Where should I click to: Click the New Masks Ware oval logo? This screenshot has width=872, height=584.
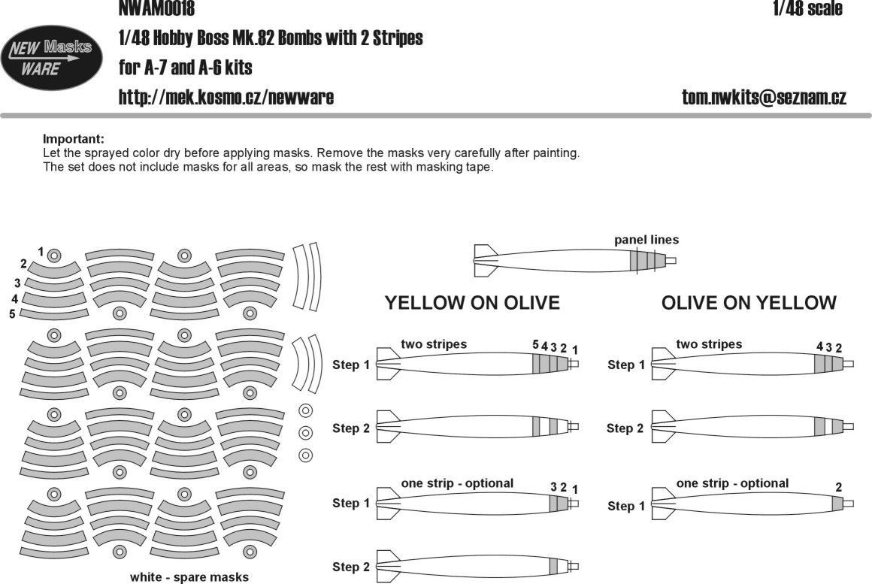point(52,59)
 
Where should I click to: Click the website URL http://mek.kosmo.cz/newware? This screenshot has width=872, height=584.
point(226,98)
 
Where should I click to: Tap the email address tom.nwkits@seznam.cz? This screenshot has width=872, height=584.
point(764,98)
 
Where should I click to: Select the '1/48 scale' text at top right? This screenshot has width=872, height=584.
point(807,9)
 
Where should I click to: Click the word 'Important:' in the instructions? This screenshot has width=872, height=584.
point(74,139)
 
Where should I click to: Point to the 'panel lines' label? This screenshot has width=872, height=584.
point(646,240)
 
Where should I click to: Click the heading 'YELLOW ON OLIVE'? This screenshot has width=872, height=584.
point(472,303)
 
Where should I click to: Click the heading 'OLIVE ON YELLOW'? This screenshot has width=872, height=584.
point(749,303)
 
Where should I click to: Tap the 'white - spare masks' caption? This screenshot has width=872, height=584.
point(189,577)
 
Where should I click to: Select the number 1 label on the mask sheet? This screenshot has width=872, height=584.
point(41,250)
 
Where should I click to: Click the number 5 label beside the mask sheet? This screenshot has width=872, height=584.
point(12,313)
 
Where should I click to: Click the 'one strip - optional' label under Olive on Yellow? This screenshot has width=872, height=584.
point(732,483)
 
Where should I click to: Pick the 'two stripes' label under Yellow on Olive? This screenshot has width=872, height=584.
point(434,344)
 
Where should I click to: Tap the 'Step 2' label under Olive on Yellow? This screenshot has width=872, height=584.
point(625,428)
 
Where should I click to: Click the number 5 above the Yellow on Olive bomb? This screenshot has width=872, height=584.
point(535,345)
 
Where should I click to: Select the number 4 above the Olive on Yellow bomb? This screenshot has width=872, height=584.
point(819,346)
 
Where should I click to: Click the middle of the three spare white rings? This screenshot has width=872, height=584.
point(305,433)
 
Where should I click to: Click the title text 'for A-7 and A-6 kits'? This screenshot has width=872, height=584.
point(186,68)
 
